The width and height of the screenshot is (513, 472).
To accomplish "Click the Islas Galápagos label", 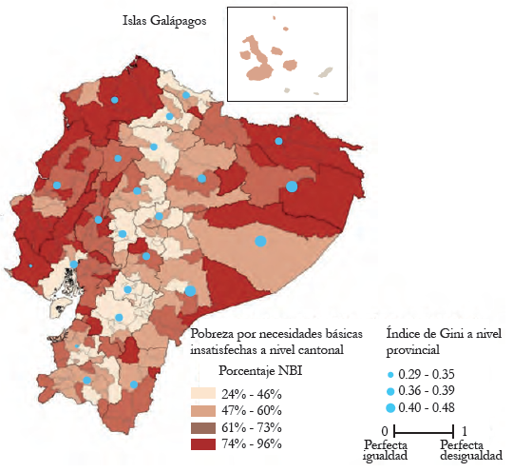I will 165,20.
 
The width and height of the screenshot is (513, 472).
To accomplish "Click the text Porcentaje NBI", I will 260,370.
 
